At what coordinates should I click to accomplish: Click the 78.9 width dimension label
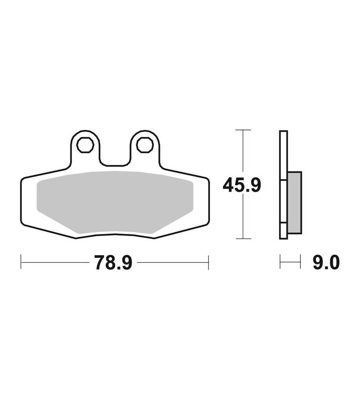coord(113,262)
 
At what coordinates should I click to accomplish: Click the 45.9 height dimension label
coord(242,185)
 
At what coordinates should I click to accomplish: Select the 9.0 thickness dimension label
coord(326,262)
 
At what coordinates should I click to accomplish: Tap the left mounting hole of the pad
coord(86,145)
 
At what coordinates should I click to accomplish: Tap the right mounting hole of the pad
coord(145,145)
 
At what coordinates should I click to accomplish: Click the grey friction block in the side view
coord(295,203)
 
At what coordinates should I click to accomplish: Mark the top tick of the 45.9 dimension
coord(243,130)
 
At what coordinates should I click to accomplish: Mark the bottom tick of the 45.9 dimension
coord(243,239)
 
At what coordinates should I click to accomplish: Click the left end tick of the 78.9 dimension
coord(21,262)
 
